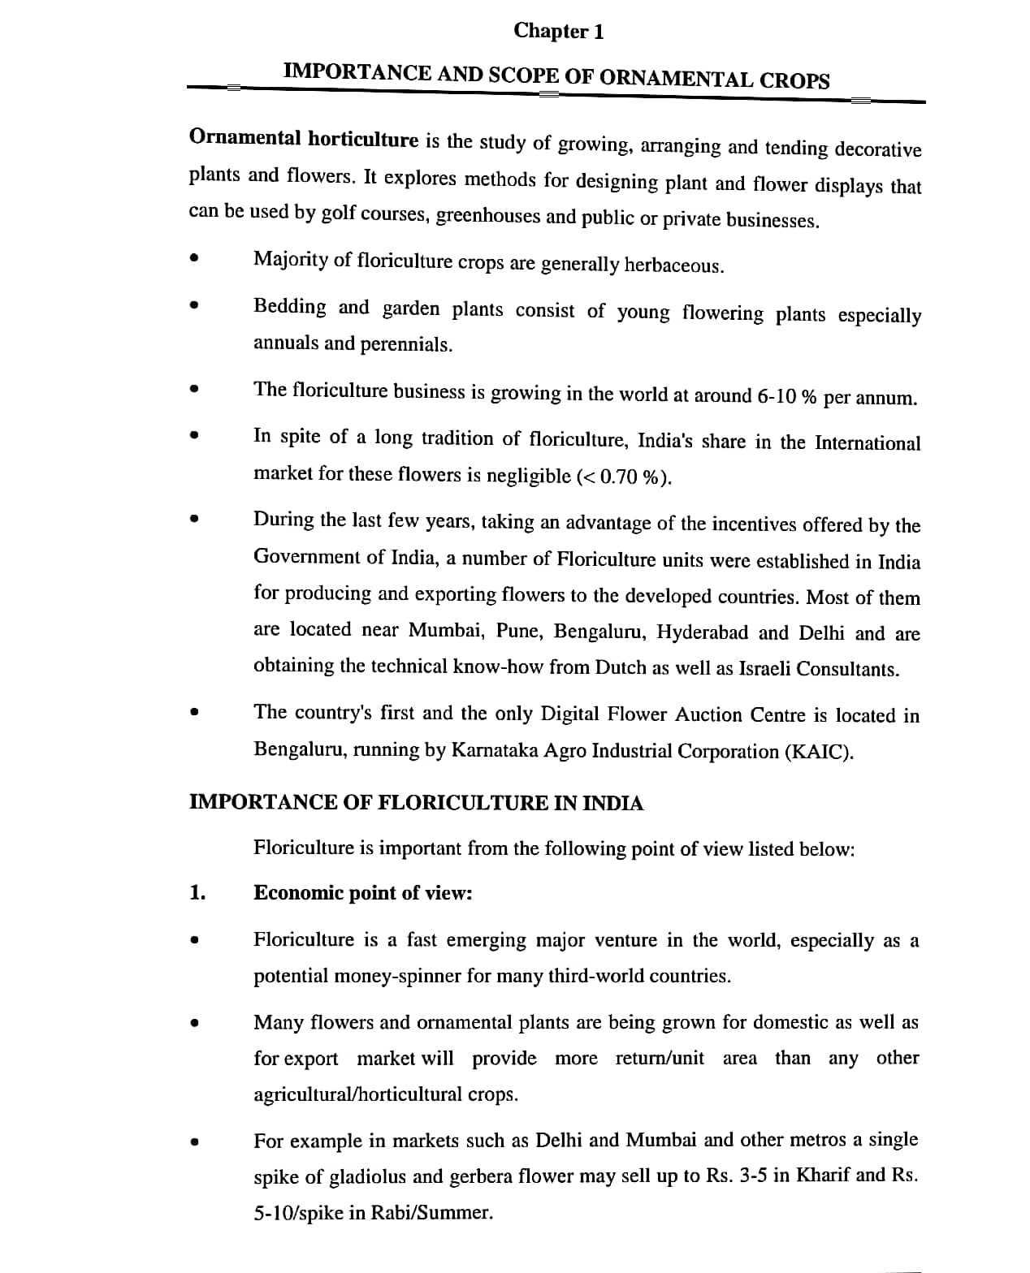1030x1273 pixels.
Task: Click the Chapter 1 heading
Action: click(558, 32)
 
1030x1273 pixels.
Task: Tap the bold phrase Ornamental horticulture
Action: click(303, 138)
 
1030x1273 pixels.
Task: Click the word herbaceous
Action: click(673, 265)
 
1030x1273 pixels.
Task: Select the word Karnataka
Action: click(493, 750)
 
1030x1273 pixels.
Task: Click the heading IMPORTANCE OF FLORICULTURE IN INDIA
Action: click(416, 803)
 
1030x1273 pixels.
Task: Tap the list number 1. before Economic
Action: click(197, 893)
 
